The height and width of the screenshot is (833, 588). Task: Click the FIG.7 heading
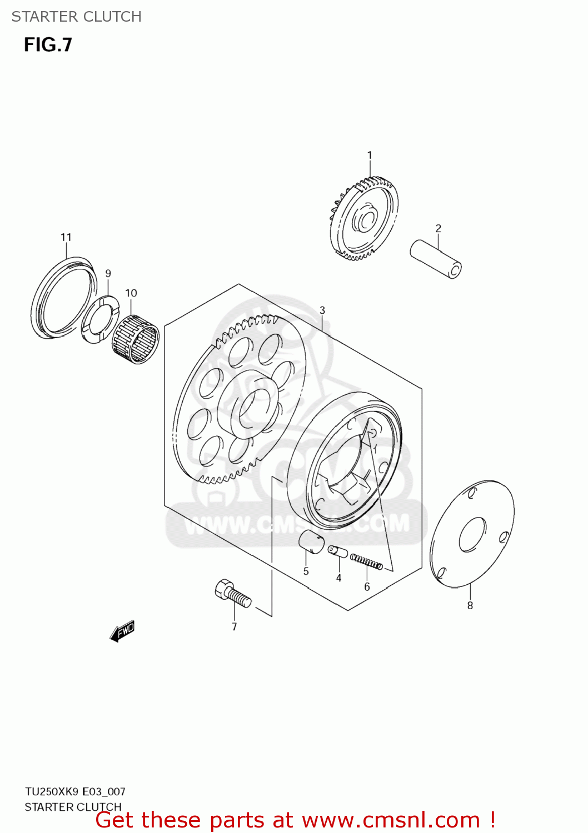tap(48, 44)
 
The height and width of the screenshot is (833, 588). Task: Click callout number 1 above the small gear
tap(370, 155)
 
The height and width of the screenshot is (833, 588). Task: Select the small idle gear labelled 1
tap(364, 219)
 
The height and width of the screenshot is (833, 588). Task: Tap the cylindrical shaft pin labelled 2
tap(436, 259)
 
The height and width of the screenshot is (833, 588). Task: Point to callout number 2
tap(438, 228)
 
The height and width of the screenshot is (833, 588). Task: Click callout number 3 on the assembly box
tap(322, 310)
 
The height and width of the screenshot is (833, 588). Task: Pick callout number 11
tap(66, 237)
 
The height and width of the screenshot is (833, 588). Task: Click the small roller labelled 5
tap(312, 541)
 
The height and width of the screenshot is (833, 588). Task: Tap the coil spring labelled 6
tap(366, 563)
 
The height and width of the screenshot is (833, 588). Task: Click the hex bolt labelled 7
tap(232, 593)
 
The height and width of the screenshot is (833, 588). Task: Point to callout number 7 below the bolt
tap(235, 626)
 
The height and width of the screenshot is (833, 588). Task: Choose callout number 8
tap(470, 606)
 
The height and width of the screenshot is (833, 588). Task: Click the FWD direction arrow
tap(122, 631)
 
